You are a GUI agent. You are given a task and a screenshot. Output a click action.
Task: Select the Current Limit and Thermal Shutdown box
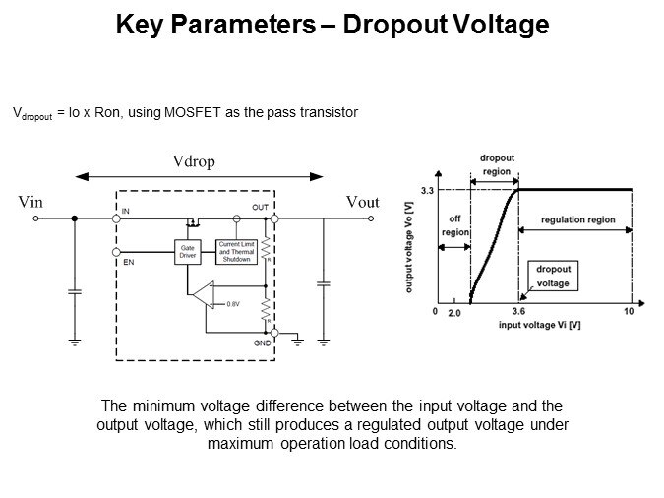(236, 250)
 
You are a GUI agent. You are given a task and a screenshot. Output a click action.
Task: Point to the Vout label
(362, 201)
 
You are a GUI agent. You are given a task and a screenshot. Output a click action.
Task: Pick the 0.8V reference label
(233, 304)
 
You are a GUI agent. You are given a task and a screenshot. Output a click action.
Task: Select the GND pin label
(261, 343)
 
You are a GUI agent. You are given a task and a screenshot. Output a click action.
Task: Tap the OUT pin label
(260, 207)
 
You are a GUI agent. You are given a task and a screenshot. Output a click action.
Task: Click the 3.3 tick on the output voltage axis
(427, 189)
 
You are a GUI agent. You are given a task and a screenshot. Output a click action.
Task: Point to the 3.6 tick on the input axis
(517, 312)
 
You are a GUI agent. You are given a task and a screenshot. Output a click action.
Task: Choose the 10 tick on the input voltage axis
(628, 312)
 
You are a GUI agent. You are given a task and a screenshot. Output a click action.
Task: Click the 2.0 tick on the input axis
(454, 312)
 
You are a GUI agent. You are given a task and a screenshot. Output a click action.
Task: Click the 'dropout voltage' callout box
(554, 275)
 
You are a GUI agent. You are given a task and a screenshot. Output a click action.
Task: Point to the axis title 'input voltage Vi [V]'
(539, 324)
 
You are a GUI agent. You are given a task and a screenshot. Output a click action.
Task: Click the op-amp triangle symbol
(203, 294)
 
